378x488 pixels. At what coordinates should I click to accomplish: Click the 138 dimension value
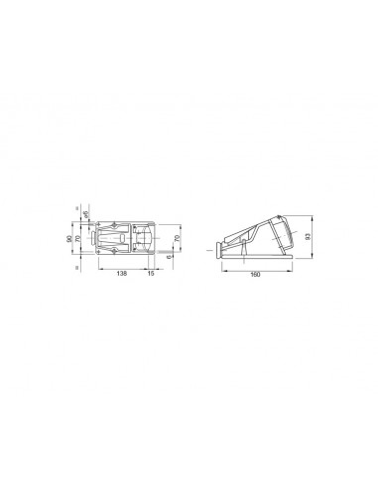point(120,273)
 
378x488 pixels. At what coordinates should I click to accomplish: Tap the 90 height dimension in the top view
point(69,239)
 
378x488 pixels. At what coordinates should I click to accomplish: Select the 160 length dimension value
point(258,274)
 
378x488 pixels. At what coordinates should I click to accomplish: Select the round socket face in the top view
point(146,239)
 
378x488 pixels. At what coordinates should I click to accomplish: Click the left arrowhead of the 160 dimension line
point(218,269)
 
